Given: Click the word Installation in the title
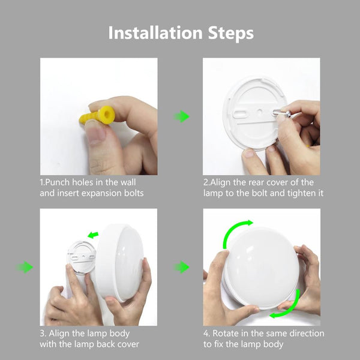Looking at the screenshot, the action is pyautogui.click(x=155, y=33).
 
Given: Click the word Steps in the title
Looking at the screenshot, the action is pyautogui.click(x=231, y=34).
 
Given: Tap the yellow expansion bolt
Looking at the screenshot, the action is pyautogui.click(x=97, y=115).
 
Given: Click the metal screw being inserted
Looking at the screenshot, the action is pyautogui.click(x=281, y=113).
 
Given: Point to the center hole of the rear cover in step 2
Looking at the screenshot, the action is pyautogui.click(x=259, y=112).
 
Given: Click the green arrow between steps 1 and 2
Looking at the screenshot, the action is pyautogui.click(x=181, y=116).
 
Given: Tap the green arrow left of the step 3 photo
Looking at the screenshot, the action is pyautogui.click(x=25, y=267).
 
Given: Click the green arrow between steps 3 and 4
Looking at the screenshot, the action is pyautogui.click(x=181, y=267).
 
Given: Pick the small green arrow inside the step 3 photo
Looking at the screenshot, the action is pyautogui.click(x=93, y=235).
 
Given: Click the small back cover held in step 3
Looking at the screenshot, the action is pyautogui.click(x=82, y=258).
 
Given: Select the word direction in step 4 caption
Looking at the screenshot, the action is pyautogui.click(x=307, y=334).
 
